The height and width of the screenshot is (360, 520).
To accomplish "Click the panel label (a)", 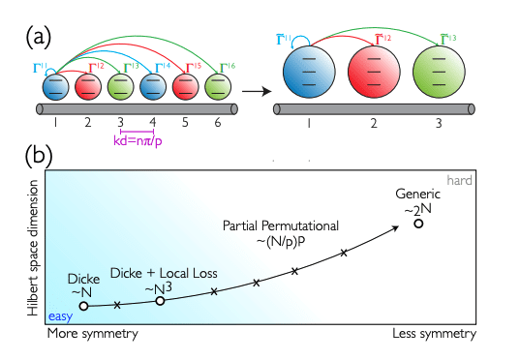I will coord(41,38).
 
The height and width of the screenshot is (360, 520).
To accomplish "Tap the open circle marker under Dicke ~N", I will coord(84,306).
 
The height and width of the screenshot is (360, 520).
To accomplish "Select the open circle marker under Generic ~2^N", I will coord(418,224).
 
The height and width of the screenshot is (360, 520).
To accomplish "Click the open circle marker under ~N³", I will coord(161,301).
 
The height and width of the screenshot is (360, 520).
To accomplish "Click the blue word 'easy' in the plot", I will coord(61,315).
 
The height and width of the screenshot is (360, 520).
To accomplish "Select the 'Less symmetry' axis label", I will coord(434,334).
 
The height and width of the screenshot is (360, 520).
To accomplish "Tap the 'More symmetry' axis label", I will coord(92,334).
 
